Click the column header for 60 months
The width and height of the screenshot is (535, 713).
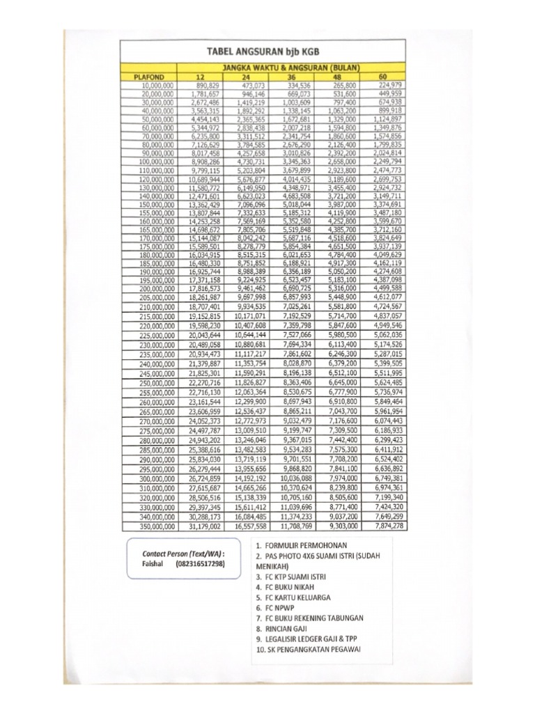pyautogui.click(x=382, y=76)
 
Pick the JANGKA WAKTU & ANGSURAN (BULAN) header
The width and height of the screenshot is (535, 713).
pyautogui.click(x=291, y=67)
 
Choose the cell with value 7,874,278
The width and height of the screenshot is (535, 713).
pyautogui.click(x=387, y=526)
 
